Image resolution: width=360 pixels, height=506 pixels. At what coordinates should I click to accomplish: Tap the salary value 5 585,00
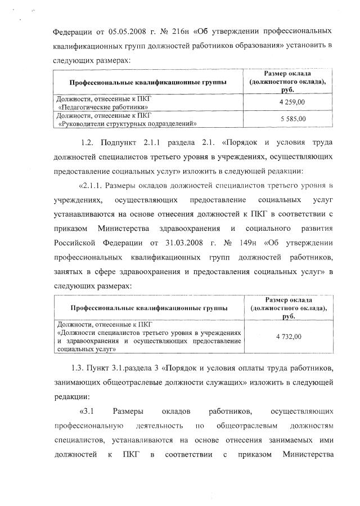click(x=292, y=119)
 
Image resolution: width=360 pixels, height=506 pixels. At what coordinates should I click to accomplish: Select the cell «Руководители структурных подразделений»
click(x=127, y=123)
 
